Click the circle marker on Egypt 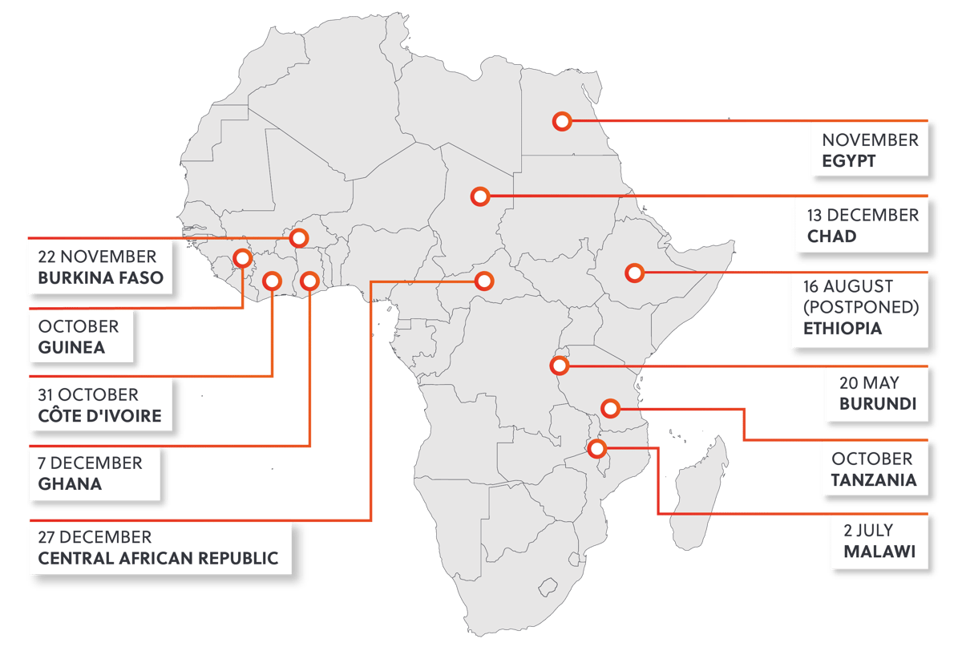(562, 121)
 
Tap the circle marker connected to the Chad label (479, 196)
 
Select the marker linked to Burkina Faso (299, 237)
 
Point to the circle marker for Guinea (241, 258)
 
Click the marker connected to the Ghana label (309, 281)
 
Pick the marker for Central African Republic (483, 281)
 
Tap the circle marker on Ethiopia (634, 273)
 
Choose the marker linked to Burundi (560, 366)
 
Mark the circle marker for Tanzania (610, 409)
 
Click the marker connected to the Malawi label (596, 448)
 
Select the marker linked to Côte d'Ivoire (272, 281)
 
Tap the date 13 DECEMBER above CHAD (863, 215)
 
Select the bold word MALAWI (879, 552)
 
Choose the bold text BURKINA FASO (100, 278)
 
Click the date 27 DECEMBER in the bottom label (95, 536)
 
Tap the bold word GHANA (70, 483)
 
